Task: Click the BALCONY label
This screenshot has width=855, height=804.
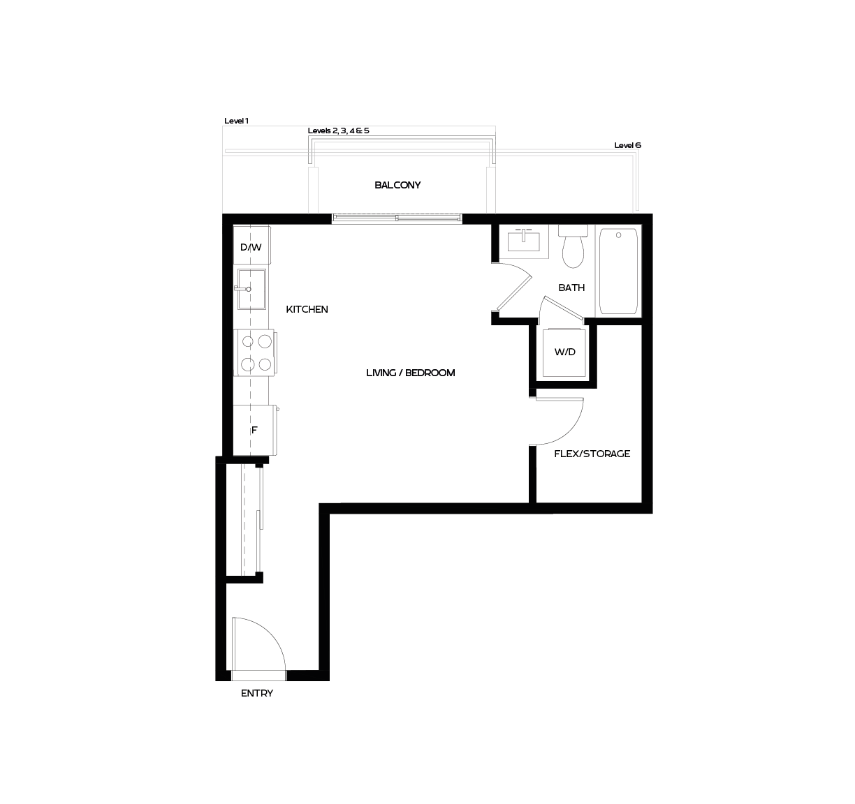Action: click(x=397, y=186)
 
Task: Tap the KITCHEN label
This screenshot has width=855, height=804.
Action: click(x=307, y=309)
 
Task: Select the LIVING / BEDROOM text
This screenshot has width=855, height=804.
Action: click(x=410, y=373)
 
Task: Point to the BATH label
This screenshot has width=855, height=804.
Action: click(x=571, y=288)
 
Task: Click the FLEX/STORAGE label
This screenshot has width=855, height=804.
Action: click(x=592, y=454)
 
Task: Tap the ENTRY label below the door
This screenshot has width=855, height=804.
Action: click(x=256, y=693)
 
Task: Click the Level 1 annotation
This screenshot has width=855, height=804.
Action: click(x=236, y=121)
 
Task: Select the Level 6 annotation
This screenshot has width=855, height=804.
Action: click(x=627, y=145)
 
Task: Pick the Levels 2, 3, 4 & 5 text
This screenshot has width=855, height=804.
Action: click(x=338, y=131)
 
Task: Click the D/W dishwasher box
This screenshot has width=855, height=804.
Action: click(x=251, y=247)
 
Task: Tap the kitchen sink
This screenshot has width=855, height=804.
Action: click(x=251, y=288)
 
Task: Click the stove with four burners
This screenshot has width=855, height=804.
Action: click(x=255, y=353)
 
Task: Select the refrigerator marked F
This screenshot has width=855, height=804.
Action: click(x=254, y=430)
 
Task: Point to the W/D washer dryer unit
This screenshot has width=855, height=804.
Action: click(x=565, y=352)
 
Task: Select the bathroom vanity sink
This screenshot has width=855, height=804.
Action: click(x=524, y=241)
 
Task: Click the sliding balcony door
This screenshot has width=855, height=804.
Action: click(x=397, y=218)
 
